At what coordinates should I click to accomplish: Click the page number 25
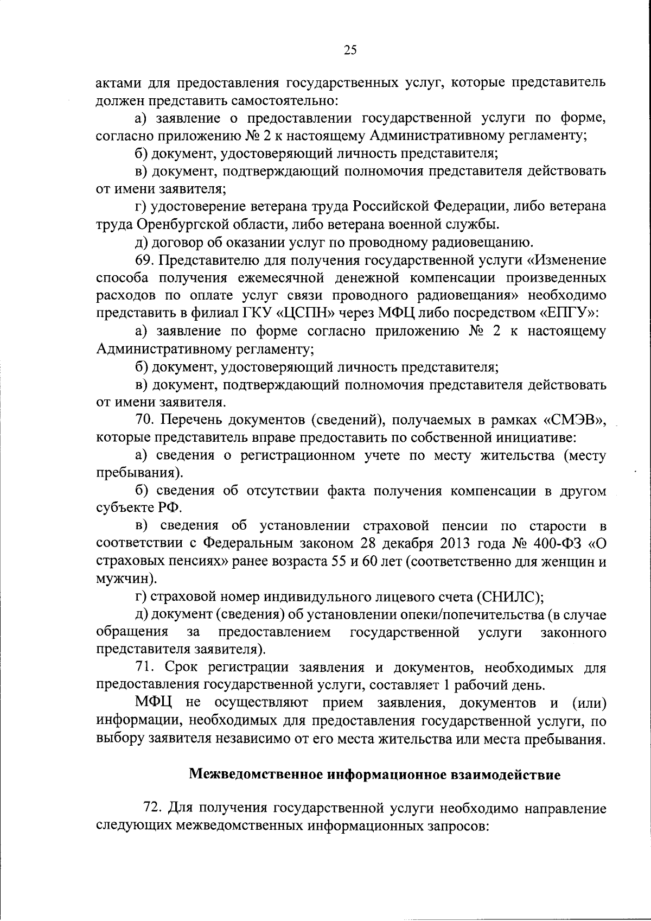point(350,50)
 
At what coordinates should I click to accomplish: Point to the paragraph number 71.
point(145,668)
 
